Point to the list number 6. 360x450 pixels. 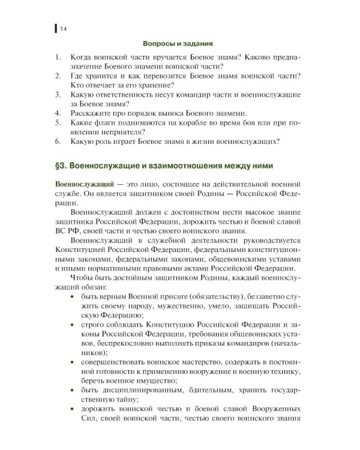pos(57,142)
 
